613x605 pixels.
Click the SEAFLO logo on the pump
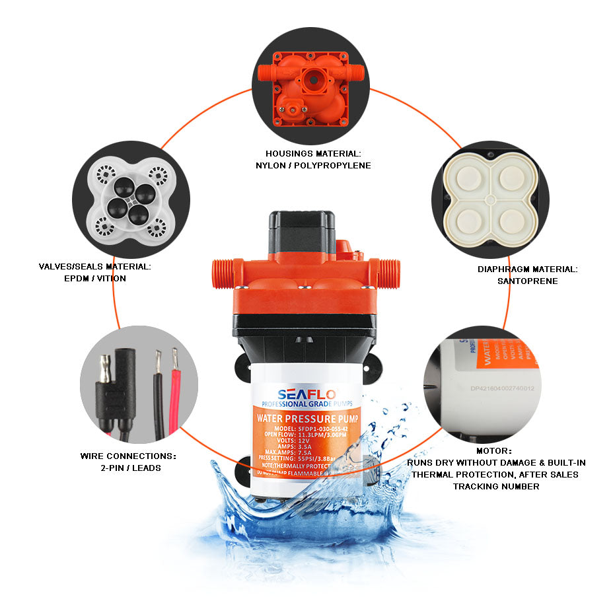[x=306, y=394]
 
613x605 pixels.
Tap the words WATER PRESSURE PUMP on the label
[x=306, y=417]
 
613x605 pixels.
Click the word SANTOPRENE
[x=527, y=281]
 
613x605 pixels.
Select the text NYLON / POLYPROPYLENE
[x=313, y=165]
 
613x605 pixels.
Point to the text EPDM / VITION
[x=94, y=278]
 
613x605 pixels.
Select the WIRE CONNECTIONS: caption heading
[x=128, y=456]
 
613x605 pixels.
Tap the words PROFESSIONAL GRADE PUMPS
[x=306, y=404]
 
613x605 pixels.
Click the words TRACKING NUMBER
[x=495, y=486]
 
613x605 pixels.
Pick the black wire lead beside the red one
[x=159, y=396]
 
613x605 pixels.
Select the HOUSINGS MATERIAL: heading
[x=313, y=153]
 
